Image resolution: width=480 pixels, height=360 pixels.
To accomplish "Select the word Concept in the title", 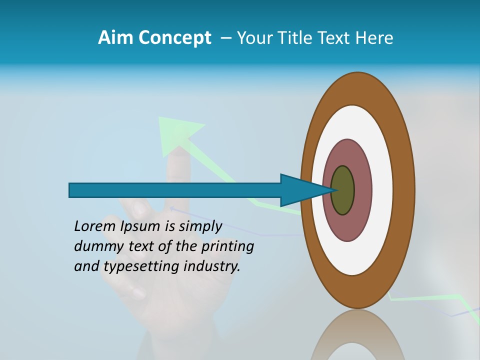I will (x=174, y=38).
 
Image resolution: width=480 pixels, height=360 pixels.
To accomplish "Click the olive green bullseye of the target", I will (x=343, y=190).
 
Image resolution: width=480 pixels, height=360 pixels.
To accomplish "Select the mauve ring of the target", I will (x=362, y=190).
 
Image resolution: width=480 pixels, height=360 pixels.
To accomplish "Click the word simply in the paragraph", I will (x=199, y=226).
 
